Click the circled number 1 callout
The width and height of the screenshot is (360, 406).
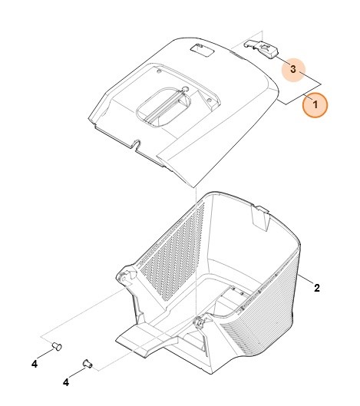(315, 105)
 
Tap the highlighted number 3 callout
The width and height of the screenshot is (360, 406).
(293, 69)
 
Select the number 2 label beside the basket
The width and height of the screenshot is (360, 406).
(317, 288)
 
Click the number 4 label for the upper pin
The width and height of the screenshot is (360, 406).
(35, 364)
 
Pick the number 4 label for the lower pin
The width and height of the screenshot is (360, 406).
(66, 382)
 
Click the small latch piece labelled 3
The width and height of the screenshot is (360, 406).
(261, 48)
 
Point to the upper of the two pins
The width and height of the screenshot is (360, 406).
(57, 346)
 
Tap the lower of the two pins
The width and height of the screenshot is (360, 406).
(88, 364)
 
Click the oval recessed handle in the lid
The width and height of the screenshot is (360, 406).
(163, 107)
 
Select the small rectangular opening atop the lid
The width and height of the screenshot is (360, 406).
(202, 50)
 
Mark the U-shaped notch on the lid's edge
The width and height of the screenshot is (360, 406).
(137, 144)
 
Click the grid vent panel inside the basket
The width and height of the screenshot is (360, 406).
(172, 250)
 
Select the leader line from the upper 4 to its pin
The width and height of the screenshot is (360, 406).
(45, 354)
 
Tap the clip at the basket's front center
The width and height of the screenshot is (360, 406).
(200, 322)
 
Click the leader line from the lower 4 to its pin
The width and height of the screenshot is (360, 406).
(78, 372)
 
